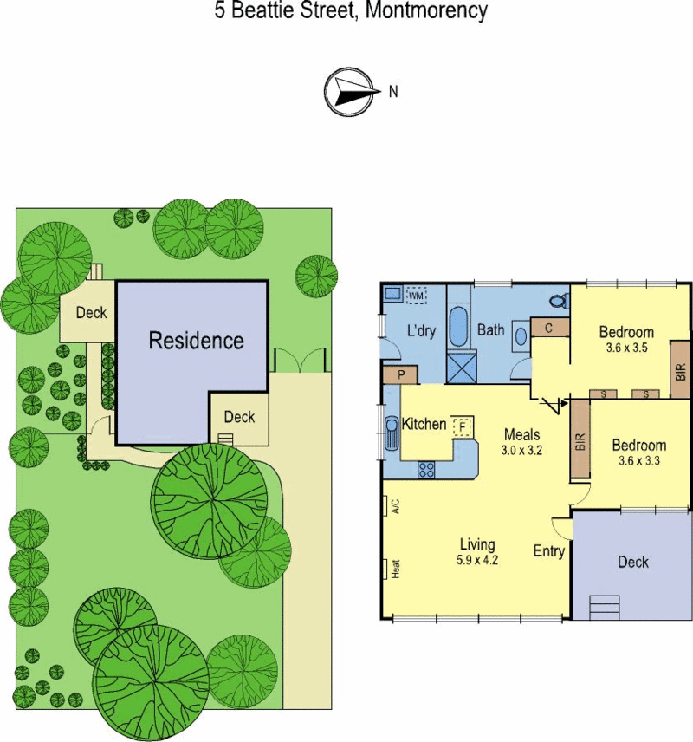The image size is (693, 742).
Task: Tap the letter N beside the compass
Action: click(x=393, y=91)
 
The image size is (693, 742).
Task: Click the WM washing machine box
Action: click(x=416, y=296)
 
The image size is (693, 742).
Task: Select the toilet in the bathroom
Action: click(x=561, y=300)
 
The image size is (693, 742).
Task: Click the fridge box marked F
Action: click(x=463, y=426)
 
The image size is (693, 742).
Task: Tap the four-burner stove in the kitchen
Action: click(x=425, y=470)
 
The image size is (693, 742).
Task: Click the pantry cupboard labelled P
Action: click(x=400, y=374)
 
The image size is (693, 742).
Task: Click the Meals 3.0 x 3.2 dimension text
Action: click(x=521, y=450)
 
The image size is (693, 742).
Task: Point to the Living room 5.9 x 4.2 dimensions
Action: click(x=477, y=560)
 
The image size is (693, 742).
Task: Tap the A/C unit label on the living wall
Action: click(x=397, y=506)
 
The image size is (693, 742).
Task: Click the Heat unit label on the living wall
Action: click(x=397, y=569)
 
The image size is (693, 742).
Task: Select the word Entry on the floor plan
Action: click(x=548, y=551)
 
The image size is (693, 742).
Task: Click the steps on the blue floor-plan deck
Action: click(x=604, y=607)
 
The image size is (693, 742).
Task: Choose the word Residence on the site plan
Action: click(x=197, y=341)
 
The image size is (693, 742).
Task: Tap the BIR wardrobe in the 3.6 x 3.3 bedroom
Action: click(x=580, y=439)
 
